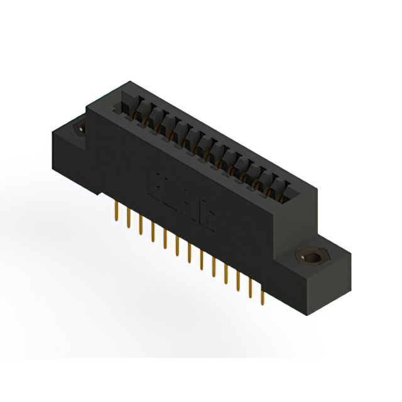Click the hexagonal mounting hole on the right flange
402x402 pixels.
coord(310,258)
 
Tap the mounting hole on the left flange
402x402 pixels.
coord(80,128)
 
